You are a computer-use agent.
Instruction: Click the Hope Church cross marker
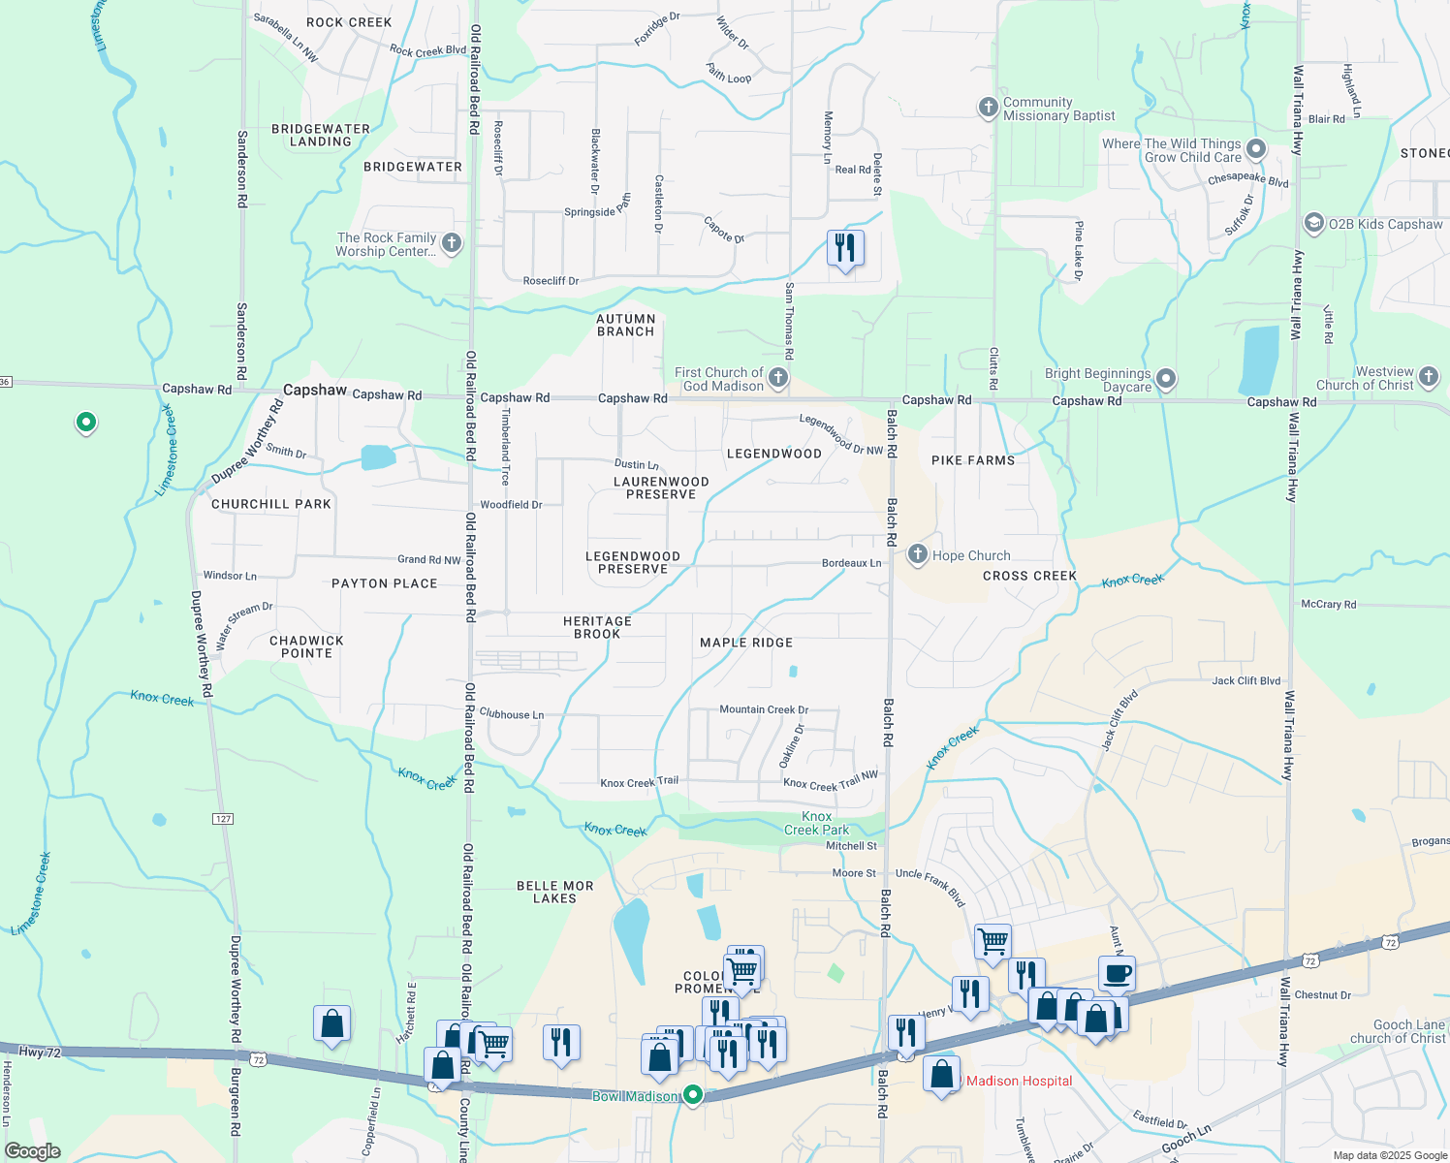click(917, 555)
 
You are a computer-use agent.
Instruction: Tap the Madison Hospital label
click(1019, 1081)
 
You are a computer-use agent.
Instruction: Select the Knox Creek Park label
click(816, 823)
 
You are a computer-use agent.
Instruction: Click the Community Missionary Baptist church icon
click(988, 108)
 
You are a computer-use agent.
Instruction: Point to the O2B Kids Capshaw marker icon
click(1313, 224)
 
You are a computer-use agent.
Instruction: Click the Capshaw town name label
click(315, 390)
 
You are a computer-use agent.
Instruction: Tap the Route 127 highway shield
click(223, 819)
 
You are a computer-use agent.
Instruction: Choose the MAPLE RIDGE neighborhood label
click(746, 643)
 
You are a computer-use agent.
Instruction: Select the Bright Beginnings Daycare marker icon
click(1166, 379)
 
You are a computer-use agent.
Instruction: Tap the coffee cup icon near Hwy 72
click(1117, 973)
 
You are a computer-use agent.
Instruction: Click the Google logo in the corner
click(33, 1151)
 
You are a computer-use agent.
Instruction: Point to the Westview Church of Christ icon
click(1428, 376)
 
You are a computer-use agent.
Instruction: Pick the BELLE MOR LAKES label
click(554, 892)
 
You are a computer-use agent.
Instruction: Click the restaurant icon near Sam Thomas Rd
click(845, 248)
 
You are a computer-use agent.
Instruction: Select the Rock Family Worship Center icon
click(452, 243)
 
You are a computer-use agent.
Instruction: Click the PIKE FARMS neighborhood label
click(973, 460)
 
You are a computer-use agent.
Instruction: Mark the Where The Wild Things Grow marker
click(1256, 149)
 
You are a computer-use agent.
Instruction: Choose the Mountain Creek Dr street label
click(764, 709)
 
